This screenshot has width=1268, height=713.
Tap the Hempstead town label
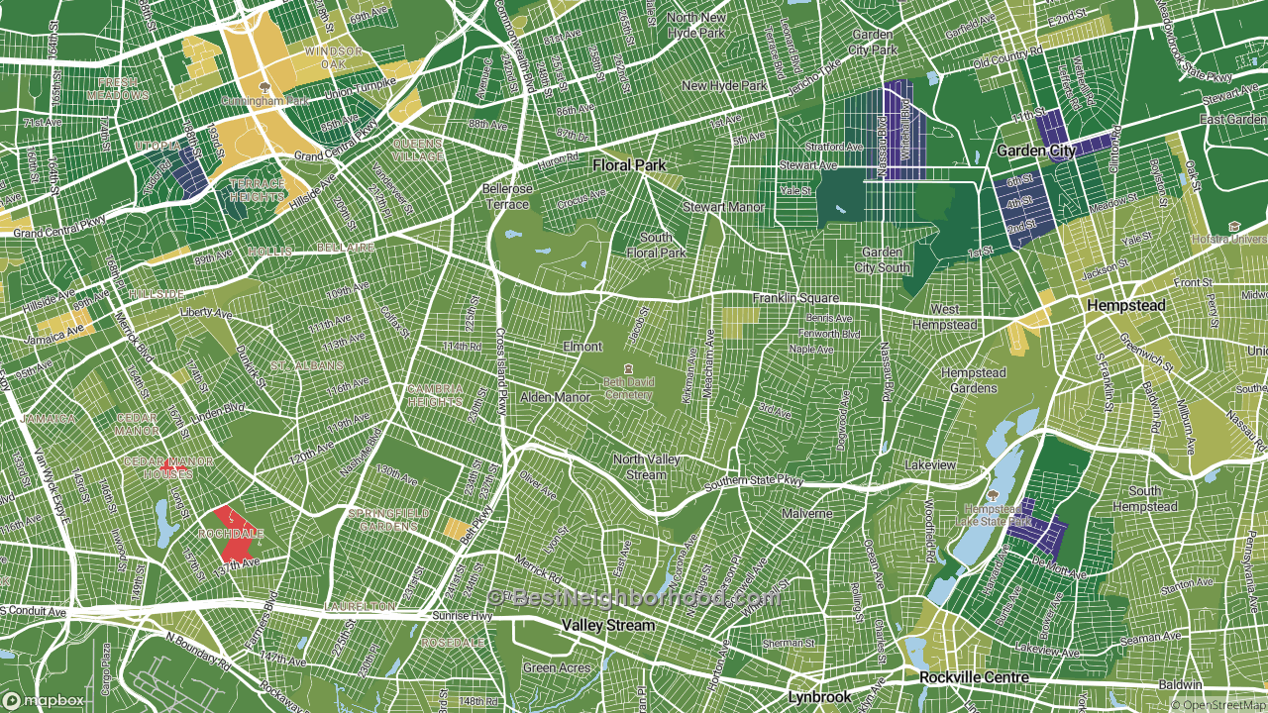point(1125,306)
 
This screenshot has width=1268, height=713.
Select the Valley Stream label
point(608,626)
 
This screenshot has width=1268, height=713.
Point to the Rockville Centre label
point(974,677)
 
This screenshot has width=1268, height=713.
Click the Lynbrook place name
point(819,696)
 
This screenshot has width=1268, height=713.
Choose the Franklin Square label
point(795,298)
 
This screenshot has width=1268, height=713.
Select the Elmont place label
point(582,347)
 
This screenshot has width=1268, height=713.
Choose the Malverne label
point(806,514)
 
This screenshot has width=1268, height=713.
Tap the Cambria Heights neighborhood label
point(435,395)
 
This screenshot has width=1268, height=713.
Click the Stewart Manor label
point(724,207)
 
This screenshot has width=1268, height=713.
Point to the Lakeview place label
point(930,464)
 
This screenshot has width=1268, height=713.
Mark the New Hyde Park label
point(724,86)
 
